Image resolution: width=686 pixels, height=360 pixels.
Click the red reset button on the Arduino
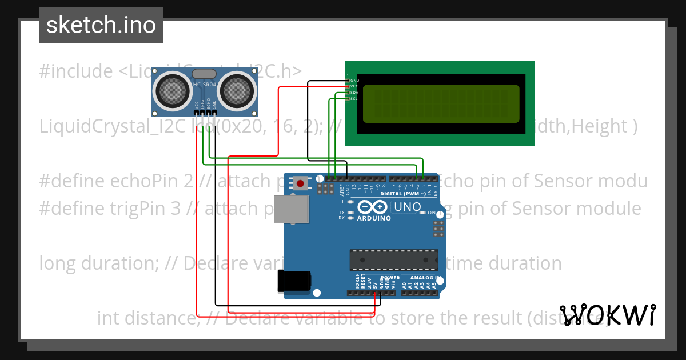tap(300, 183)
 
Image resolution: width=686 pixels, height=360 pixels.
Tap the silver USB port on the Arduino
tap(290, 209)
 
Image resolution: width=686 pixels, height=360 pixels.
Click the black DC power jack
tap(294, 281)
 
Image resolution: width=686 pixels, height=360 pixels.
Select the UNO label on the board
tap(408, 207)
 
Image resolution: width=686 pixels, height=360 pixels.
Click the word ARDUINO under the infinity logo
tap(374, 218)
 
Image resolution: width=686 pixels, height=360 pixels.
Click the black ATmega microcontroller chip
tap(394, 260)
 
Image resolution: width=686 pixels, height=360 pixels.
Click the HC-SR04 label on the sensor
tap(205, 85)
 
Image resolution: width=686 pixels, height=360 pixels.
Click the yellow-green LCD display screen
tap(441, 104)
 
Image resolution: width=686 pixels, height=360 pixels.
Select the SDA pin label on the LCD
tap(354, 93)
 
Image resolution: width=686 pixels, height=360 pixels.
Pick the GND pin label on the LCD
tap(354, 81)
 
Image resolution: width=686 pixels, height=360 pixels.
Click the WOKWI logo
tap(608, 315)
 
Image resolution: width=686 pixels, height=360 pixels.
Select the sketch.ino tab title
tap(101, 25)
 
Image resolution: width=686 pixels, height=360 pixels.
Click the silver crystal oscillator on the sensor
tap(204, 74)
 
